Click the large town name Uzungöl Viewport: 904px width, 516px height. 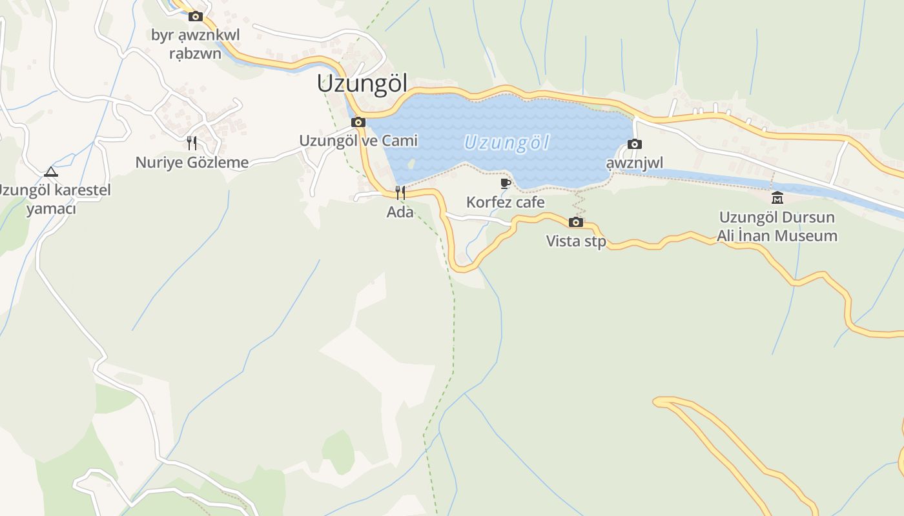[x=362, y=84]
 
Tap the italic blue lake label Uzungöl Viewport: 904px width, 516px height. [x=506, y=142]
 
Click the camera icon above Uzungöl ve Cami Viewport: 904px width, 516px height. [x=358, y=123]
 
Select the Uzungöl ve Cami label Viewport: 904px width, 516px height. [x=358, y=141]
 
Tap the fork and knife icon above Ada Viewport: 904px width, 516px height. [x=400, y=192]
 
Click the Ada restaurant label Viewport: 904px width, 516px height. [x=400, y=212]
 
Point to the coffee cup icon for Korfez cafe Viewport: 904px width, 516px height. [x=506, y=184]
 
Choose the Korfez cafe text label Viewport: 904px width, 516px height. [x=506, y=203]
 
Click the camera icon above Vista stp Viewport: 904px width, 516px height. [x=575, y=223]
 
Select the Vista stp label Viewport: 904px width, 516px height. [x=576, y=241]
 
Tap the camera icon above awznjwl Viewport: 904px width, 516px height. [x=635, y=144]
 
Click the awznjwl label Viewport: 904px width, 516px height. [x=634, y=163]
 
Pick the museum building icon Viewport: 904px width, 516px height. [x=777, y=198]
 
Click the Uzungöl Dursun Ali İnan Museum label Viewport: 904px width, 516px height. [x=777, y=226]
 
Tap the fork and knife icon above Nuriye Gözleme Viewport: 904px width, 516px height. [x=192, y=143]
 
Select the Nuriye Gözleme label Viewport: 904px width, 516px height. [x=192, y=163]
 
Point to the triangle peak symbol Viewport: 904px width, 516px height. [x=51, y=172]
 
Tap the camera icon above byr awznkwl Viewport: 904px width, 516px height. [x=196, y=17]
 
